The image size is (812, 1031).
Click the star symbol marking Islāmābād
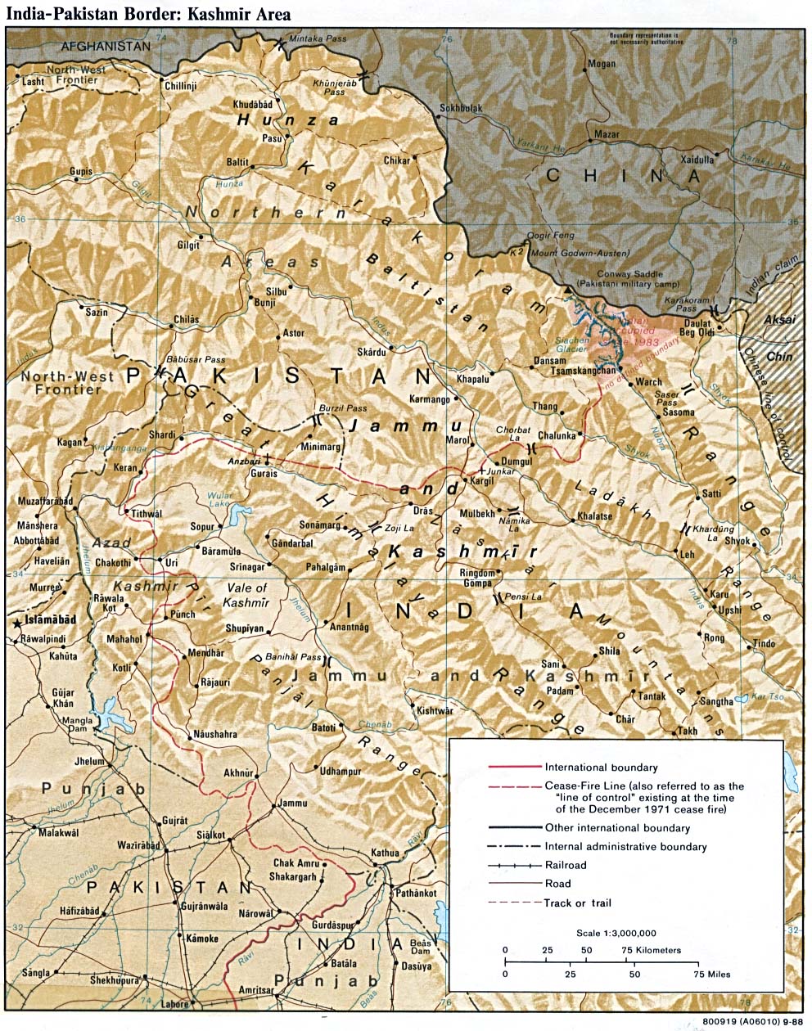pyautogui.click(x=17, y=624)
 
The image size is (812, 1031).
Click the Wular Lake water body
pyautogui.click(x=241, y=515)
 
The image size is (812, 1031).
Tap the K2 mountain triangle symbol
pyautogui.click(x=568, y=290)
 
